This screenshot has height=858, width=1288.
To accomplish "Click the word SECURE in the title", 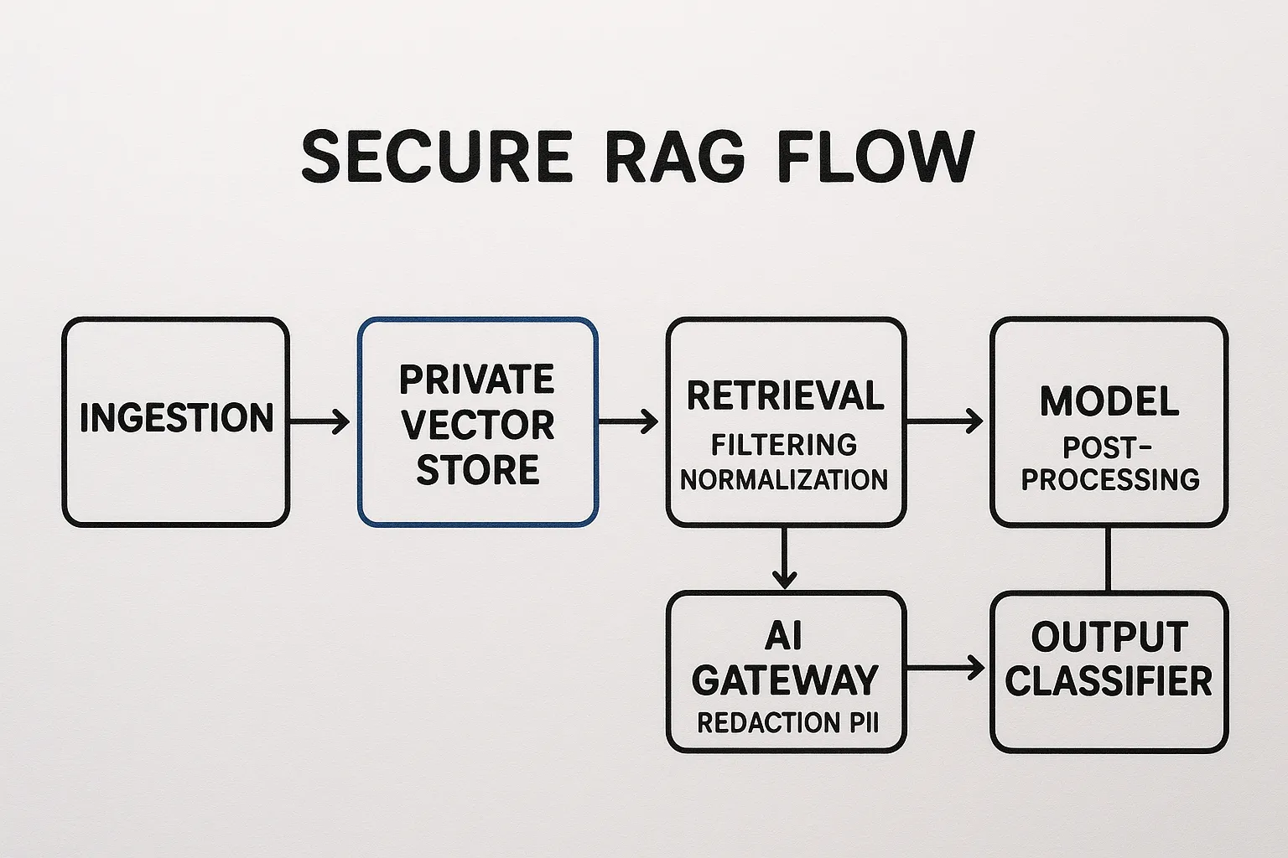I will (436, 157).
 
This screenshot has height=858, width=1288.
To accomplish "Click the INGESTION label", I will (176, 418).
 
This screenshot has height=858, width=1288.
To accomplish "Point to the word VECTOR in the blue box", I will (478, 425).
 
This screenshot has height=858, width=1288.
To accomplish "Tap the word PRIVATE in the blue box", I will (477, 380).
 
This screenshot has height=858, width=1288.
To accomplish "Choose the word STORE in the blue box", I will (478, 470).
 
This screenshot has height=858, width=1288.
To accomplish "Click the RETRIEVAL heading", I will (785, 396).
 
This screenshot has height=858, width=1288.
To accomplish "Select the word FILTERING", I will (785, 444).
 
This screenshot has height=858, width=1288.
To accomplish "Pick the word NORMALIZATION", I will (785, 480).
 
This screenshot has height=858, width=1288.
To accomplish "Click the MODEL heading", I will (1109, 401).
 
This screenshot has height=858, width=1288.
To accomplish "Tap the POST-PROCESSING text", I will (1109, 463).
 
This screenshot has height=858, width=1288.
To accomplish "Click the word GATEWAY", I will (785, 680).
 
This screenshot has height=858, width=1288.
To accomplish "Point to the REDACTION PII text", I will (787, 723).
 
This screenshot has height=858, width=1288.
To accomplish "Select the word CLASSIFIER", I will (1109, 681).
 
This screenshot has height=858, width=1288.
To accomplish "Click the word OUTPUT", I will (1109, 637).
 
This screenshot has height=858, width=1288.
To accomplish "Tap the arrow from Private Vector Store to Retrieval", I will (629, 421).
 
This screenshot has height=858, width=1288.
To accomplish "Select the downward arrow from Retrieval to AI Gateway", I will (784, 557).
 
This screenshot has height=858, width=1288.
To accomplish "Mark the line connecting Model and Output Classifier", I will (1109, 559).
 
